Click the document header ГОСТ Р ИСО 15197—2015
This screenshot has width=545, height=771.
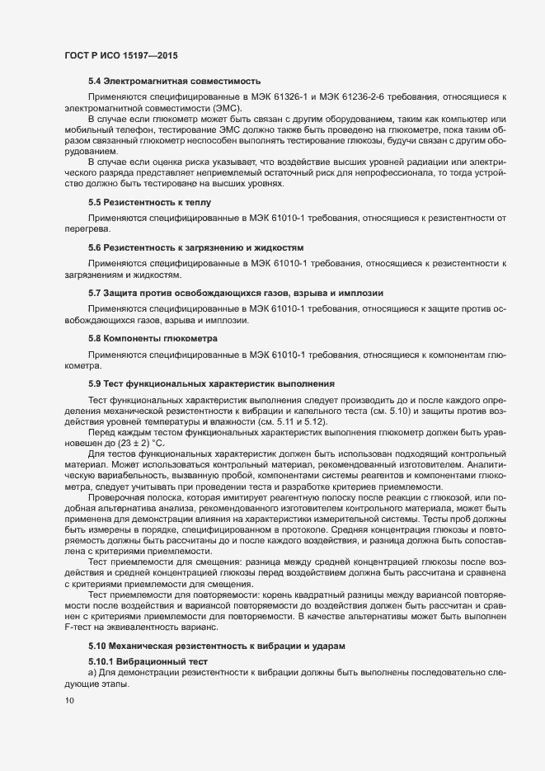tap(121, 55)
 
